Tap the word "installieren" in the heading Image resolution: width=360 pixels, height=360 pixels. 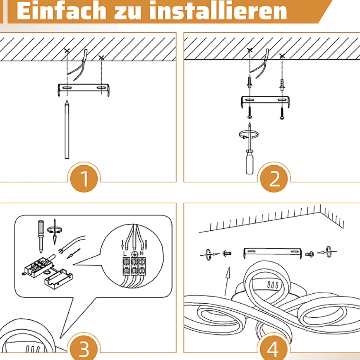tap(218, 11)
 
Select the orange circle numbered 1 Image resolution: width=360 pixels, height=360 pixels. tap(84, 178)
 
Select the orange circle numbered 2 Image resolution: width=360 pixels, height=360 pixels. tap(274, 178)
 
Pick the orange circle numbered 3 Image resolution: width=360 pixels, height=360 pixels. tap(84, 348)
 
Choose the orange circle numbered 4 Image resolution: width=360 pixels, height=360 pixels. tap(273, 348)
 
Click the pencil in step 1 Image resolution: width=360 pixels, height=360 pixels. tap(67, 129)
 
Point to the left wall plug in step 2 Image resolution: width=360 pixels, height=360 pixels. tap(250, 83)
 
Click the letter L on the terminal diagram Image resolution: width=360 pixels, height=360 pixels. tap(125, 254)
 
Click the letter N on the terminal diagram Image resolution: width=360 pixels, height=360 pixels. tap(142, 253)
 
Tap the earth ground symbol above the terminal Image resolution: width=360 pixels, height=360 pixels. tap(134, 254)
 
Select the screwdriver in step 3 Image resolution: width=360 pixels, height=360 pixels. tap(41, 237)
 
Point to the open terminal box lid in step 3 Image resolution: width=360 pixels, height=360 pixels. tap(58, 279)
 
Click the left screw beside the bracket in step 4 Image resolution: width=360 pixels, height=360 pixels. tap(227, 254)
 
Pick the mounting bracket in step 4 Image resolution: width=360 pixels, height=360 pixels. tap(272, 253)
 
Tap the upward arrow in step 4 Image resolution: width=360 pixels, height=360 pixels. tap(227, 281)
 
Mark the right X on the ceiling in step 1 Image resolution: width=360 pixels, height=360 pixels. tap(101, 57)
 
